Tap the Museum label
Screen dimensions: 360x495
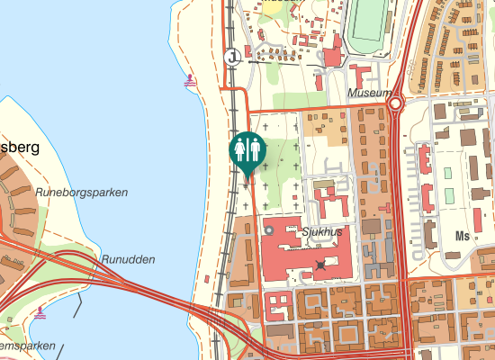coord(370,93)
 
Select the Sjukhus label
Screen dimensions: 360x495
coord(323,231)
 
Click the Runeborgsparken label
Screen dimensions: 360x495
coord(82,192)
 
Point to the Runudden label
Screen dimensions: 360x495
coord(128,259)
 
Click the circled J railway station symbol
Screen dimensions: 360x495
coord(233,56)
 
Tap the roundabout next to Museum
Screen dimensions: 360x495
coord(396,104)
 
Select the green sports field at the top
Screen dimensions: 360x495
coord(367,27)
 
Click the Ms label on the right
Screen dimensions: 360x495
coord(463,237)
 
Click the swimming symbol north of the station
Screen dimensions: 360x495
coord(189,81)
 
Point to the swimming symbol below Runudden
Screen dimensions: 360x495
coord(41,314)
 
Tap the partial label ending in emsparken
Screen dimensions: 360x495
coord(27,346)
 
